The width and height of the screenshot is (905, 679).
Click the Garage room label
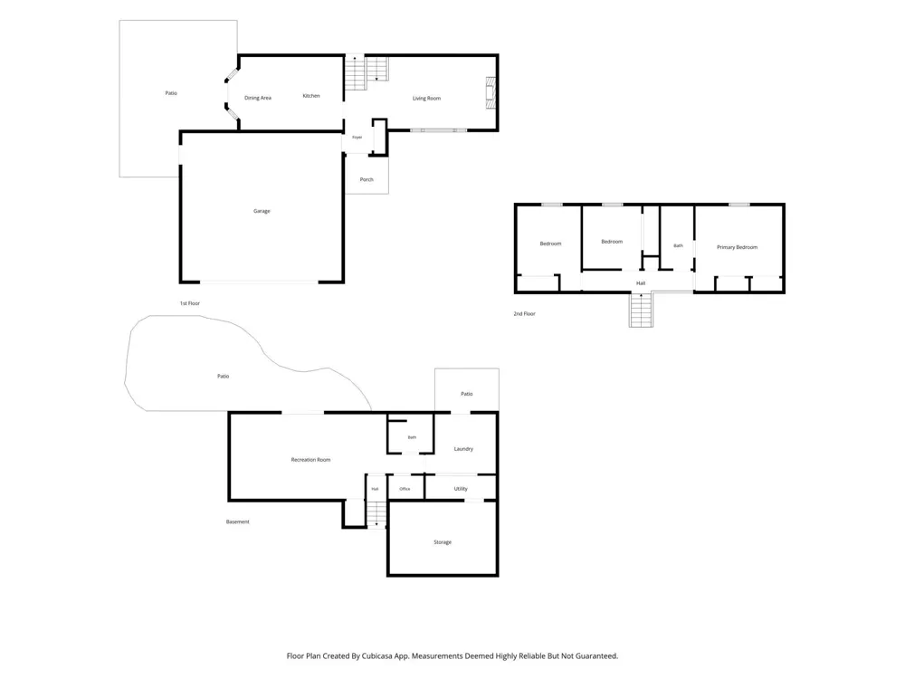point(262,211)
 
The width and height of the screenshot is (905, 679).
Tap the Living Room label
point(426,99)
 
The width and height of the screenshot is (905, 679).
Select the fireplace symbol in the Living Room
point(490,93)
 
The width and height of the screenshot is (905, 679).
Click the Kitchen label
point(311,96)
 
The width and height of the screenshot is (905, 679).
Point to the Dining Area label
point(257,98)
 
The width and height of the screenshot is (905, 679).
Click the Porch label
point(367,179)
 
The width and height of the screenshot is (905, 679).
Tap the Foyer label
point(357,138)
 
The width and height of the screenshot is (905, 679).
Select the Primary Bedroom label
point(737,247)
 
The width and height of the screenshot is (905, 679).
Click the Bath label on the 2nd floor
point(678,245)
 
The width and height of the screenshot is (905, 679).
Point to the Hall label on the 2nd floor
point(641,283)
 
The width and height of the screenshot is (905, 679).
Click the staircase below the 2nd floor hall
point(641,310)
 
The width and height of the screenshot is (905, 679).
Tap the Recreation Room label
point(310,460)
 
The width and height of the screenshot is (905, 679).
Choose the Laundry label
point(463,449)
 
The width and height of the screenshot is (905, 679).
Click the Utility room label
point(461,489)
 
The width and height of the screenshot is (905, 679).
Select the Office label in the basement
point(405,489)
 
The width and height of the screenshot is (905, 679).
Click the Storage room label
point(443,542)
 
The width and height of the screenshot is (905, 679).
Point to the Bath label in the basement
point(412,437)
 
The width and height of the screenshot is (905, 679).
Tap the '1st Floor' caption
point(190,303)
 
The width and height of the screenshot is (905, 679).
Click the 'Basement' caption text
point(238,522)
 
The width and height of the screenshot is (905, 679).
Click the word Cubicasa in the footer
point(379,656)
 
